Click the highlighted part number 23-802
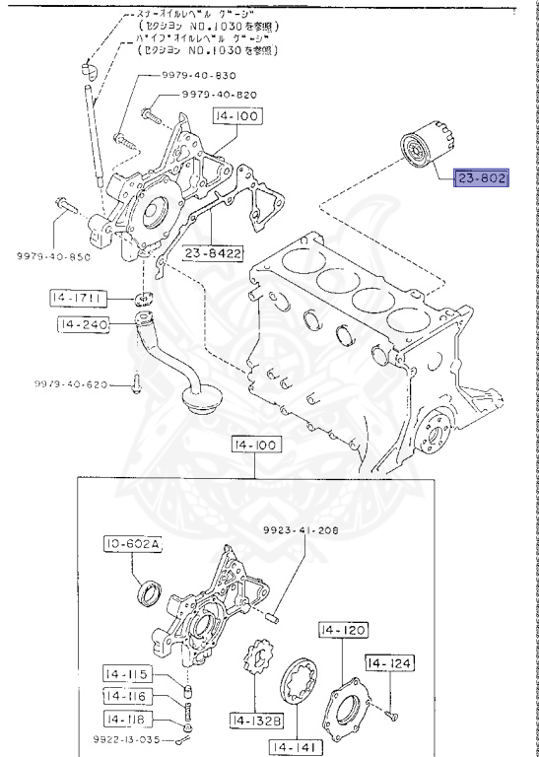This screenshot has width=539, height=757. (479, 178)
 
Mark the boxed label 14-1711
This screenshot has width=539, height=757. (76, 297)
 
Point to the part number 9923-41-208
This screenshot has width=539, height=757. (302, 530)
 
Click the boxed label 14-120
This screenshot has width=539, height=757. (342, 627)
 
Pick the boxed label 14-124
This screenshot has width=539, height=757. (390, 663)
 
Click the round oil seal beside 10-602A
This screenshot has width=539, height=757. (149, 592)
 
